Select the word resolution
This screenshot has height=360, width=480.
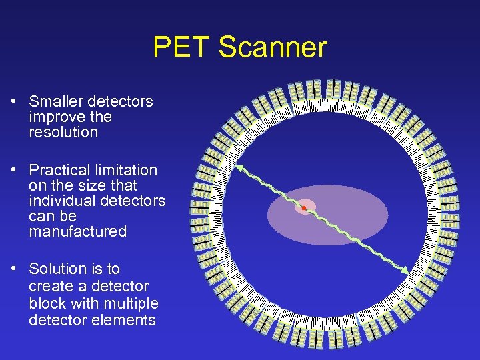(63, 132)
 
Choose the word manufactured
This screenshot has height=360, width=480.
(77, 231)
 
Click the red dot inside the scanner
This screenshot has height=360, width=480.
(303, 209)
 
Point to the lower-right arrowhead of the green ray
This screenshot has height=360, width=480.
(405, 270)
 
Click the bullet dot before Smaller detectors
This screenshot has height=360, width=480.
(13, 102)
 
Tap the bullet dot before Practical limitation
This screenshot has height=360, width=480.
(13, 171)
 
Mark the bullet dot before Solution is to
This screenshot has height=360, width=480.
(13, 269)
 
